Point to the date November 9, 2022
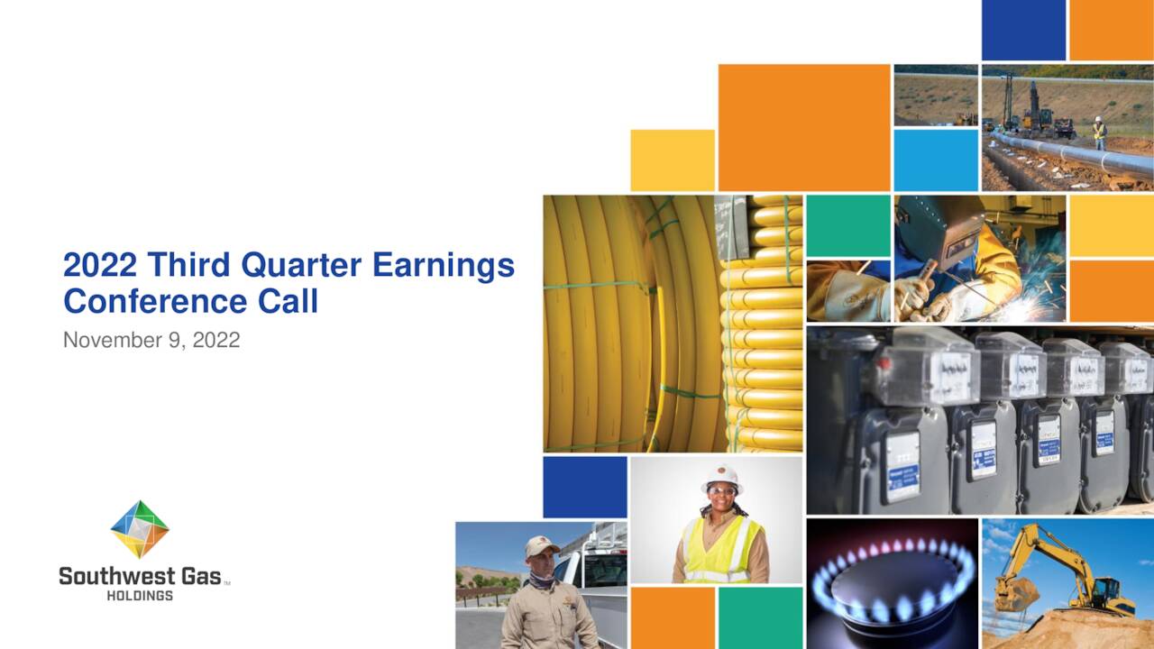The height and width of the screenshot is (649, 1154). (x=151, y=341)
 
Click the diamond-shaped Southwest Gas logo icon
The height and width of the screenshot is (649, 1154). (x=140, y=529)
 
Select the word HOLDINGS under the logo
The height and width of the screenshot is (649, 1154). (x=140, y=596)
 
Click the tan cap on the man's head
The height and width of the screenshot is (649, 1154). (x=542, y=546)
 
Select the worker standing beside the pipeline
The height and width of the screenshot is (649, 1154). (x=1099, y=133)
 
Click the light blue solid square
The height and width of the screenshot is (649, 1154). (x=936, y=160)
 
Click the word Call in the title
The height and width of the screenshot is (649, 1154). (x=288, y=301)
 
